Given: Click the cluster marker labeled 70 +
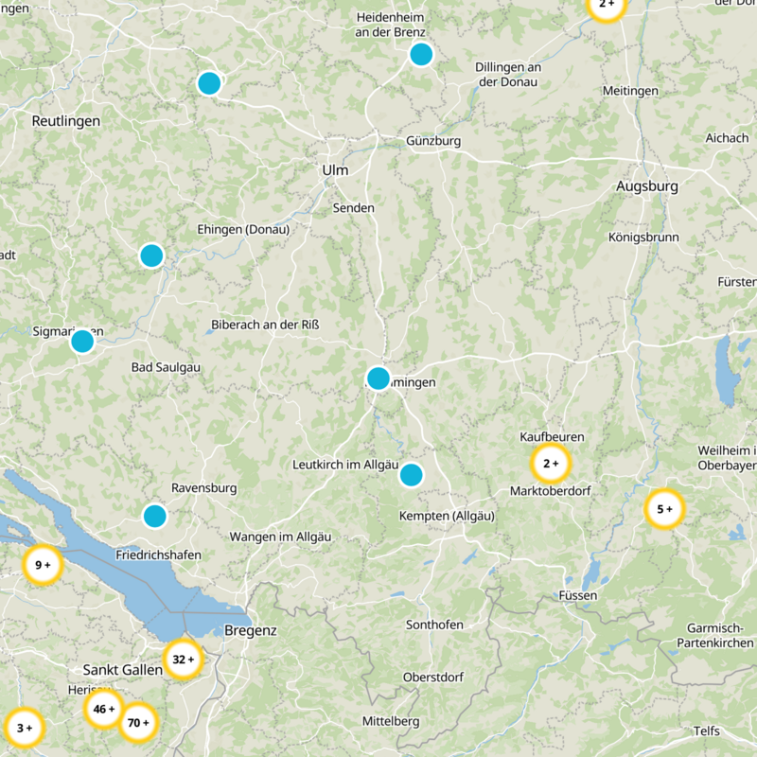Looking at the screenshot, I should [x=138, y=723].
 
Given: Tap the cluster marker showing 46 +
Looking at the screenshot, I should [x=103, y=708].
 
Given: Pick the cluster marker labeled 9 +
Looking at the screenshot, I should [x=43, y=566].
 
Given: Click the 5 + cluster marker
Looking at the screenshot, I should [x=664, y=509].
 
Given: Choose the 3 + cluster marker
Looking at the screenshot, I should [x=24, y=728].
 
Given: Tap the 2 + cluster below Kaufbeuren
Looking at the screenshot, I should [x=551, y=464].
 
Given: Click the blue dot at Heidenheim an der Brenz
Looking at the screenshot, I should [x=421, y=54].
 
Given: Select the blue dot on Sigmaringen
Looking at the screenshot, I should [x=82, y=342].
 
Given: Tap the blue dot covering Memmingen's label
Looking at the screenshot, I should [x=378, y=378].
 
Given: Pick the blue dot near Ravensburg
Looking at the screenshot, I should [x=154, y=516].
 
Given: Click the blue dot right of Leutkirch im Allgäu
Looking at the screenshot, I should [x=411, y=475].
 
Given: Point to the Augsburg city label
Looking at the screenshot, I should [x=647, y=186].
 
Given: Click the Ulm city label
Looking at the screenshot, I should [x=335, y=170].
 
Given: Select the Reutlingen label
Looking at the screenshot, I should [x=65, y=121].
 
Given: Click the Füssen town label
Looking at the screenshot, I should [x=580, y=595].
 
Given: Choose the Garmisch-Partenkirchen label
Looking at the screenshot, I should [x=720, y=636].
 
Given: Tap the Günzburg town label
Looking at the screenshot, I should [x=433, y=141].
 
